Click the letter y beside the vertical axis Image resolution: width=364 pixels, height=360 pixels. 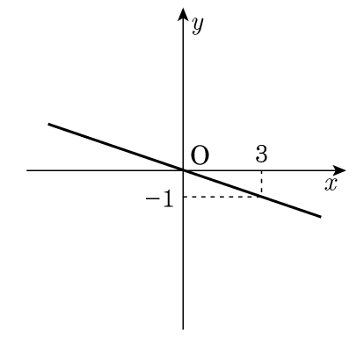[198, 25]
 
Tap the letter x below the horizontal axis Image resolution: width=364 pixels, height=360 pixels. [331, 184]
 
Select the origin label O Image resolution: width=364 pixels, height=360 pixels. [200, 155]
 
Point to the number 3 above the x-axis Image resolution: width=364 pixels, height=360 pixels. [261, 154]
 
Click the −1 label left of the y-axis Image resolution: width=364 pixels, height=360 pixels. [160, 200]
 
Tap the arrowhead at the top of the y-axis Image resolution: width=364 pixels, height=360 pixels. [183, 14]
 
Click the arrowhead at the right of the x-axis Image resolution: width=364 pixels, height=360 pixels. [340, 170]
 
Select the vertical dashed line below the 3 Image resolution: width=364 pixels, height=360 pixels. [261, 184]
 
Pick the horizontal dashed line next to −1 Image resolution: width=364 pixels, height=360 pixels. [222, 197]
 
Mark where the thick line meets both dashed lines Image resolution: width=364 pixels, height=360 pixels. [261, 197]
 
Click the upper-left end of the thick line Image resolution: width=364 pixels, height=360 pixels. [48, 124]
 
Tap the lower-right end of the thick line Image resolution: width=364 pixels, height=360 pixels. [321, 217]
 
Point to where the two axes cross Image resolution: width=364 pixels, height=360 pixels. [183, 170]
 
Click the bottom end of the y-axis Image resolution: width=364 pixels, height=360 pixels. [183, 329]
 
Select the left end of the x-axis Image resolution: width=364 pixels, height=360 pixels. [26, 170]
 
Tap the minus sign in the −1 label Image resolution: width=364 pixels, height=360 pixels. [152, 199]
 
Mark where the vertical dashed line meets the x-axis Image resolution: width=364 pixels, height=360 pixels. [261, 170]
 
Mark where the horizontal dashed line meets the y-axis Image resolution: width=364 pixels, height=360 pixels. [183, 197]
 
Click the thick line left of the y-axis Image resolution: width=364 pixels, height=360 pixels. [116, 147]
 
